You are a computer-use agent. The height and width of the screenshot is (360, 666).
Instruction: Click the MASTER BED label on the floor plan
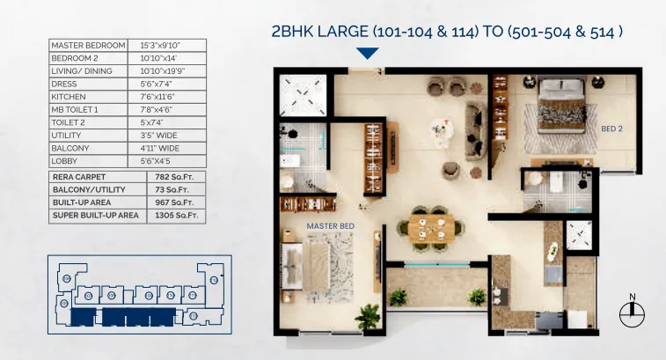point(330,226)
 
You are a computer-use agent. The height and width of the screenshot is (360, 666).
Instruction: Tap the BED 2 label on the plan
point(611,129)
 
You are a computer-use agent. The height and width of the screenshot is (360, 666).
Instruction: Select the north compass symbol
point(632,310)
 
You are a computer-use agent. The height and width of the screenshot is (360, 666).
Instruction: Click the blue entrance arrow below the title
point(368,54)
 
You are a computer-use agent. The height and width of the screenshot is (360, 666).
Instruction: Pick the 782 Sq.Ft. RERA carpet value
point(176,176)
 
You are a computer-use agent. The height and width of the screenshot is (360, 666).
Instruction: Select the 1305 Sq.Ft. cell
point(176,214)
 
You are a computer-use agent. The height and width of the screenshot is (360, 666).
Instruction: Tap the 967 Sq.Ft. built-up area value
point(176,202)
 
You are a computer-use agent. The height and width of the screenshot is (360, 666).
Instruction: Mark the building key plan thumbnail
point(139,294)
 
